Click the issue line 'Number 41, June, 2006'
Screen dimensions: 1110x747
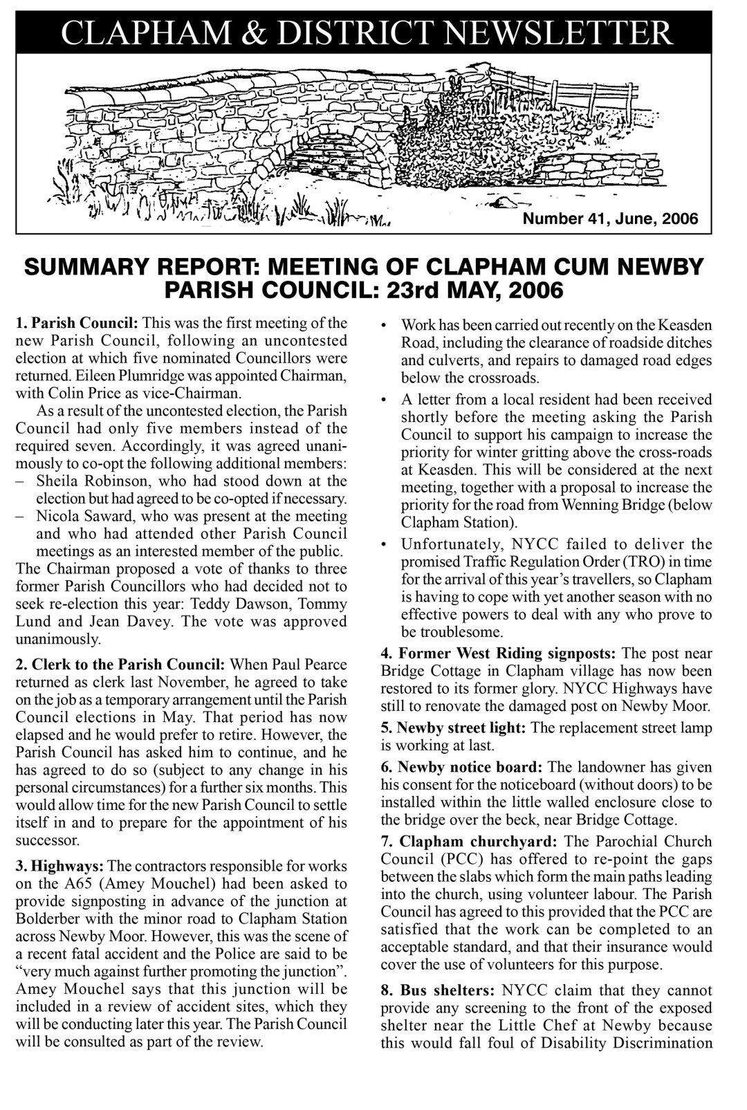611,219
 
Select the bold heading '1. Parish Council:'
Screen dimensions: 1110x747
77,323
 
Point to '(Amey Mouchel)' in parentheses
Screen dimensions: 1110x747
134,884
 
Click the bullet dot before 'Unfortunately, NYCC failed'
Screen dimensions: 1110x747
384,544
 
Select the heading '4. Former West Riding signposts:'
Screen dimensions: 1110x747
499,653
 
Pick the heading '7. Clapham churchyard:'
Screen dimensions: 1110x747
470,842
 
